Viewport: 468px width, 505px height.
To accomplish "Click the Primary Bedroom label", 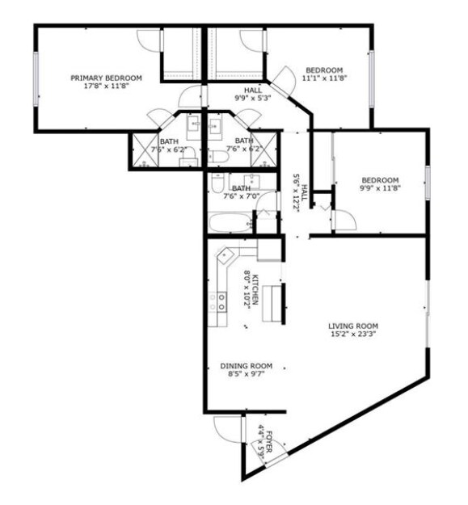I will (106, 78).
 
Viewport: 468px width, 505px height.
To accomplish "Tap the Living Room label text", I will (353, 326).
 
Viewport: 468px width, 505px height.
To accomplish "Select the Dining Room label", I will (246, 365).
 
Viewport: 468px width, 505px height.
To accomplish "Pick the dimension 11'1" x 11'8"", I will (323, 78).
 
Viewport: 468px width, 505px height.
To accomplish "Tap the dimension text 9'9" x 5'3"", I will (252, 99).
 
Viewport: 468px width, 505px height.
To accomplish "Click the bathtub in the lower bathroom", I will (230, 221).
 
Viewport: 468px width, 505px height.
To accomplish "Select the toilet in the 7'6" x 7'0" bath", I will (217, 183).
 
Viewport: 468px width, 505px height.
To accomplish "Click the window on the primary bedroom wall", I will (36, 78).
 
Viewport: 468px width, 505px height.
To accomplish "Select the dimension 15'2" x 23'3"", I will (353, 334).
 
